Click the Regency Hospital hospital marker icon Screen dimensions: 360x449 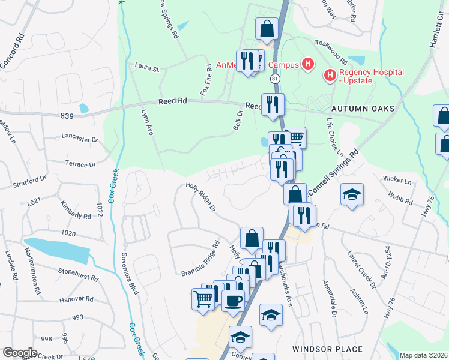click(330, 76)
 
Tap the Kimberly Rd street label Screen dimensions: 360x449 click(76, 207)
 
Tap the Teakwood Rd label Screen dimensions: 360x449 click(332, 53)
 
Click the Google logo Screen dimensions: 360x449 click(20, 353)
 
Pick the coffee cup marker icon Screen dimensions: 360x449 click(233, 299)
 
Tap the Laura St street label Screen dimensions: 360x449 click(147, 68)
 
